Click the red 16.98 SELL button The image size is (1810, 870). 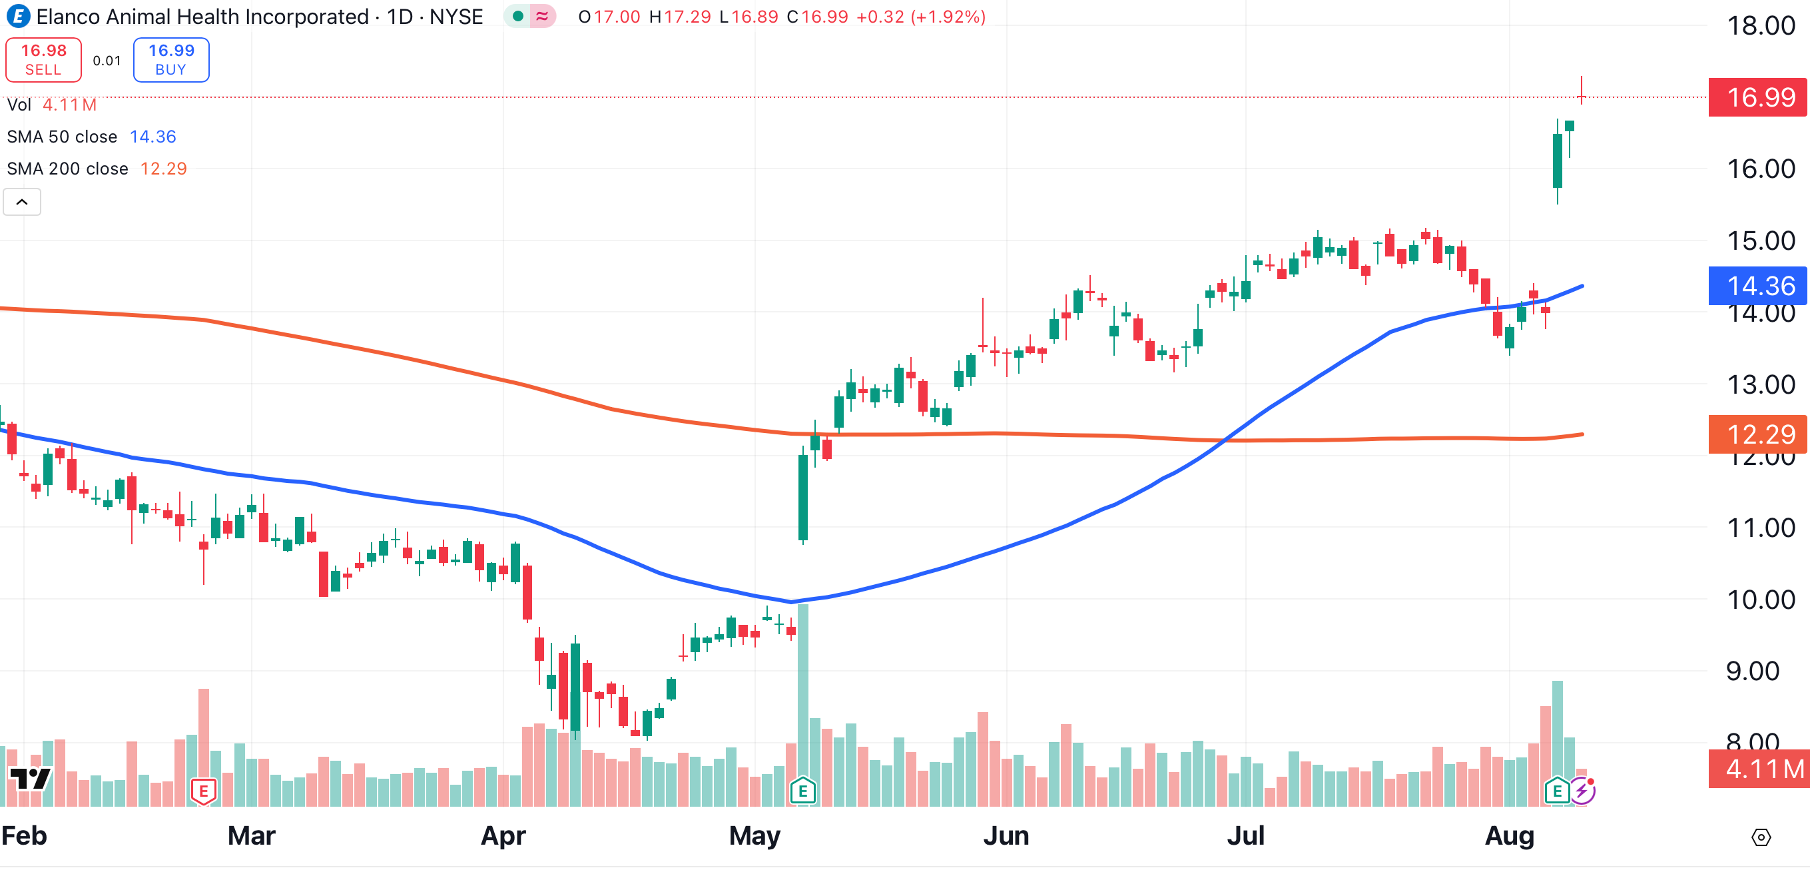click(x=43, y=60)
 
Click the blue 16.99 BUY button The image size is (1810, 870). click(x=170, y=60)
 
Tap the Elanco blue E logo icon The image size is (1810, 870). click(x=17, y=16)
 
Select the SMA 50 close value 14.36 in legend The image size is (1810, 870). click(x=152, y=137)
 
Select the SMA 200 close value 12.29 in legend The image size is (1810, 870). click(x=163, y=169)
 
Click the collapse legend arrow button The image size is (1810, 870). click(x=22, y=203)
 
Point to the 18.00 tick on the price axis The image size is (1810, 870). click(x=1760, y=26)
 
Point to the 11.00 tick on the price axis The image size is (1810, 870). click(x=1760, y=528)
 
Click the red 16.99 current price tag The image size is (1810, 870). click(x=1759, y=97)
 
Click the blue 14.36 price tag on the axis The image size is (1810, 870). click(x=1759, y=286)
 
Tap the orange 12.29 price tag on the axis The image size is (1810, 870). click(x=1759, y=434)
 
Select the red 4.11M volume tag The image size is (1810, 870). click(x=1759, y=769)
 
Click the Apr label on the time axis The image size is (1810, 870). click(x=503, y=835)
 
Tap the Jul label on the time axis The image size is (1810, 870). click(x=1246, y=835)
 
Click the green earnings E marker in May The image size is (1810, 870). click(x=802, y=791)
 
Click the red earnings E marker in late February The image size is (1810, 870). click(x=204, y=791)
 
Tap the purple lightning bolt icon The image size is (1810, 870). click(x=1582, y=791)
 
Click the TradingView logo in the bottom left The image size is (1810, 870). click(x=29, y=779)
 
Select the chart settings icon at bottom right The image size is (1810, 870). click(x=1761, y=837)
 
